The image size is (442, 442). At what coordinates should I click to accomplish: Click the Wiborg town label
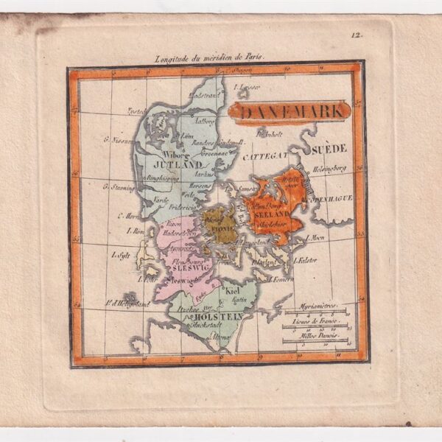(177, 155)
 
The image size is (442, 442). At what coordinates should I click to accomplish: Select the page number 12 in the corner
(356, 34)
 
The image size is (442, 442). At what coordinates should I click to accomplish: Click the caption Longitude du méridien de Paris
(208, 56)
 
